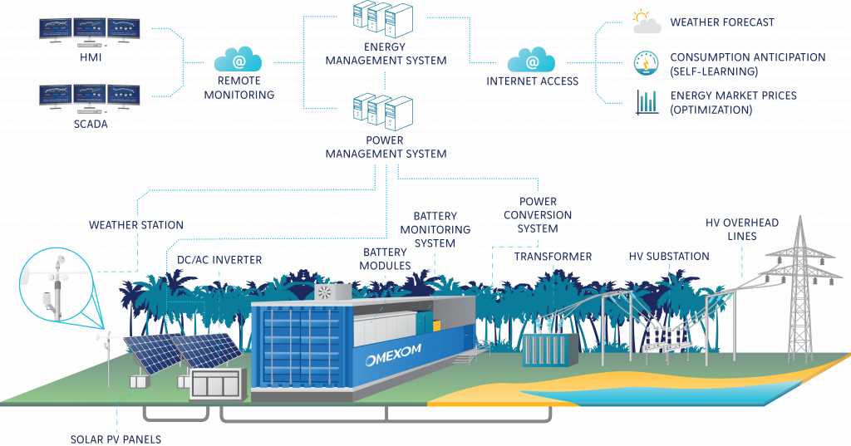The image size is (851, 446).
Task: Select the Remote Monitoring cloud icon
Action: point(239,59)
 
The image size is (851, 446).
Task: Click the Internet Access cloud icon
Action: point(532,59)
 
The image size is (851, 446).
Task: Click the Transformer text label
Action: point(553,257)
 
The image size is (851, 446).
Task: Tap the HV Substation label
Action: point(668,257)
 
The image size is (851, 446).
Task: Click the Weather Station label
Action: point(136,225)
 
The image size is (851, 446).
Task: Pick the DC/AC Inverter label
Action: point(219,260)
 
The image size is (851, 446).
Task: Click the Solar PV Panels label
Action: point(116,439)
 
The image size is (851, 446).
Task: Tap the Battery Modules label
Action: point(385,258)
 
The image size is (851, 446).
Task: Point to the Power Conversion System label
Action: point(538,215)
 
